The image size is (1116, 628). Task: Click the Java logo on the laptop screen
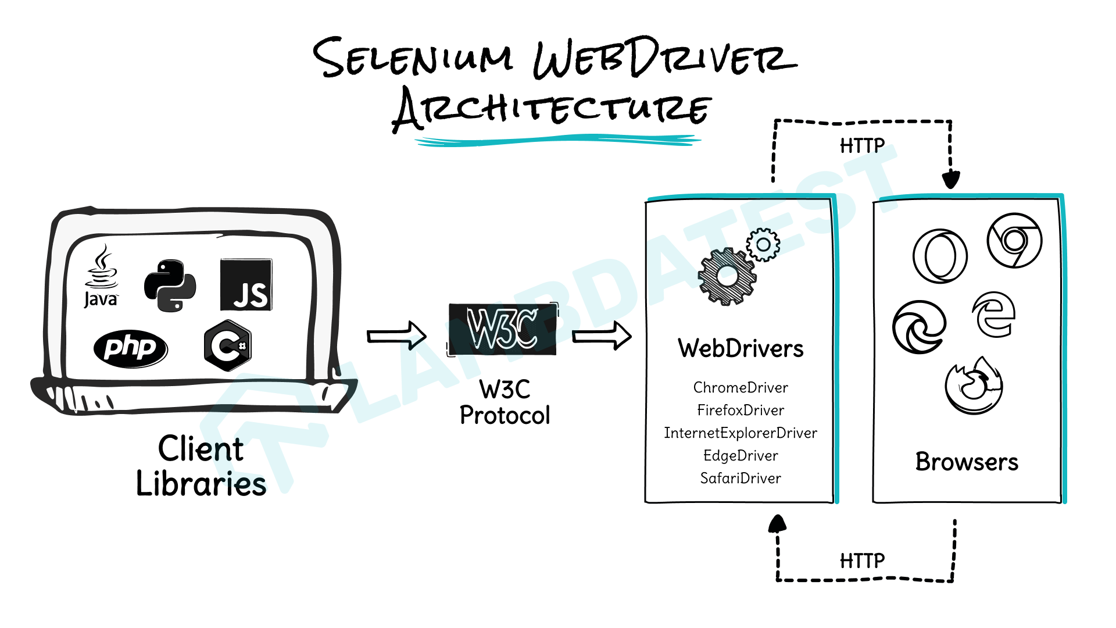click(101, 277)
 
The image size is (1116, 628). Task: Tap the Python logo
click(170, 286)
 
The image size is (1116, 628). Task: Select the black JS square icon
click(246, 285)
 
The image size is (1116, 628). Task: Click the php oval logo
click(130, 348)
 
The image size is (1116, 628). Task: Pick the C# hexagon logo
click(227, 345)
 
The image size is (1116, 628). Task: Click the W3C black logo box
click(502, 329)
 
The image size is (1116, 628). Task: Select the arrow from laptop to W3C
click(397, 336)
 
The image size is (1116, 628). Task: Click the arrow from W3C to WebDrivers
click(602, 336)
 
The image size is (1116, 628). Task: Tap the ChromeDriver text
click(740, 387)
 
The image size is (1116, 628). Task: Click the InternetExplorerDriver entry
click(740, 433)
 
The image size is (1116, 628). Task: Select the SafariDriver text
click(740, 478)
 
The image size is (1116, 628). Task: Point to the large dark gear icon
click(727, 277)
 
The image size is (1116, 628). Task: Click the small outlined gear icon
click(763, 245)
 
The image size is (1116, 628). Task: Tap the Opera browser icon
click(940, 256)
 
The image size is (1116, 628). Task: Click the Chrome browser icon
click(1014, 240)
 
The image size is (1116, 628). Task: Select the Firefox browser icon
click(974, 386)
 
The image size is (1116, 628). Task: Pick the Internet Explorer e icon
click(994, 315)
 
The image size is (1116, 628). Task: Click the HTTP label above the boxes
click(862, 145)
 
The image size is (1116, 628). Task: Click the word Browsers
click(967, 462)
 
